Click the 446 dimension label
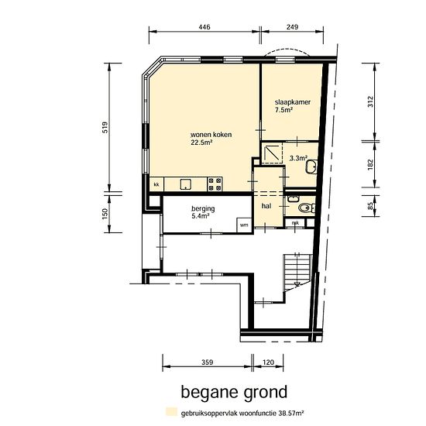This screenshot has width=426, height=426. tap(204, 27)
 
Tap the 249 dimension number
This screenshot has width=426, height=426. tap(292, 27)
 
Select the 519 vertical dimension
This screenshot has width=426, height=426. tap(105, 128)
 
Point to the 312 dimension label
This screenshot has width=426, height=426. tap(370, 101)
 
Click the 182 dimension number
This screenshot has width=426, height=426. tap(370, 165)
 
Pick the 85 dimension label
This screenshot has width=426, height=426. tap(370, 206)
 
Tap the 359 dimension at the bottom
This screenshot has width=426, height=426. tap(208, 362)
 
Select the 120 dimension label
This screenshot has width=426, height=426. tap(268, 362)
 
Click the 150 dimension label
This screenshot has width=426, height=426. tap(105, 214)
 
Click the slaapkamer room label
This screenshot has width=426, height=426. tap(293, 102)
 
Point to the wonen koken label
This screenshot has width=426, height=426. tap(211, 135)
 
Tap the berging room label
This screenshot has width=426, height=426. tap(203, 209)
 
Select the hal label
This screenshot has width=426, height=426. tap(266, 206)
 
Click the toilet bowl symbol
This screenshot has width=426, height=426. tap(304, 208)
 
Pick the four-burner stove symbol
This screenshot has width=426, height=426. tap(215, 184)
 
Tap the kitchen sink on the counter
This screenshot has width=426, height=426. tap(186, 184)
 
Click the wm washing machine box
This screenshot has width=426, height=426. tap(244, 225)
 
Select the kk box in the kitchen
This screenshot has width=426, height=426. tap(156, 184)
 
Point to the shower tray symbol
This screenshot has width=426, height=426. tap(272, 153)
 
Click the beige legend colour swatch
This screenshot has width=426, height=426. tap(171, 411)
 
